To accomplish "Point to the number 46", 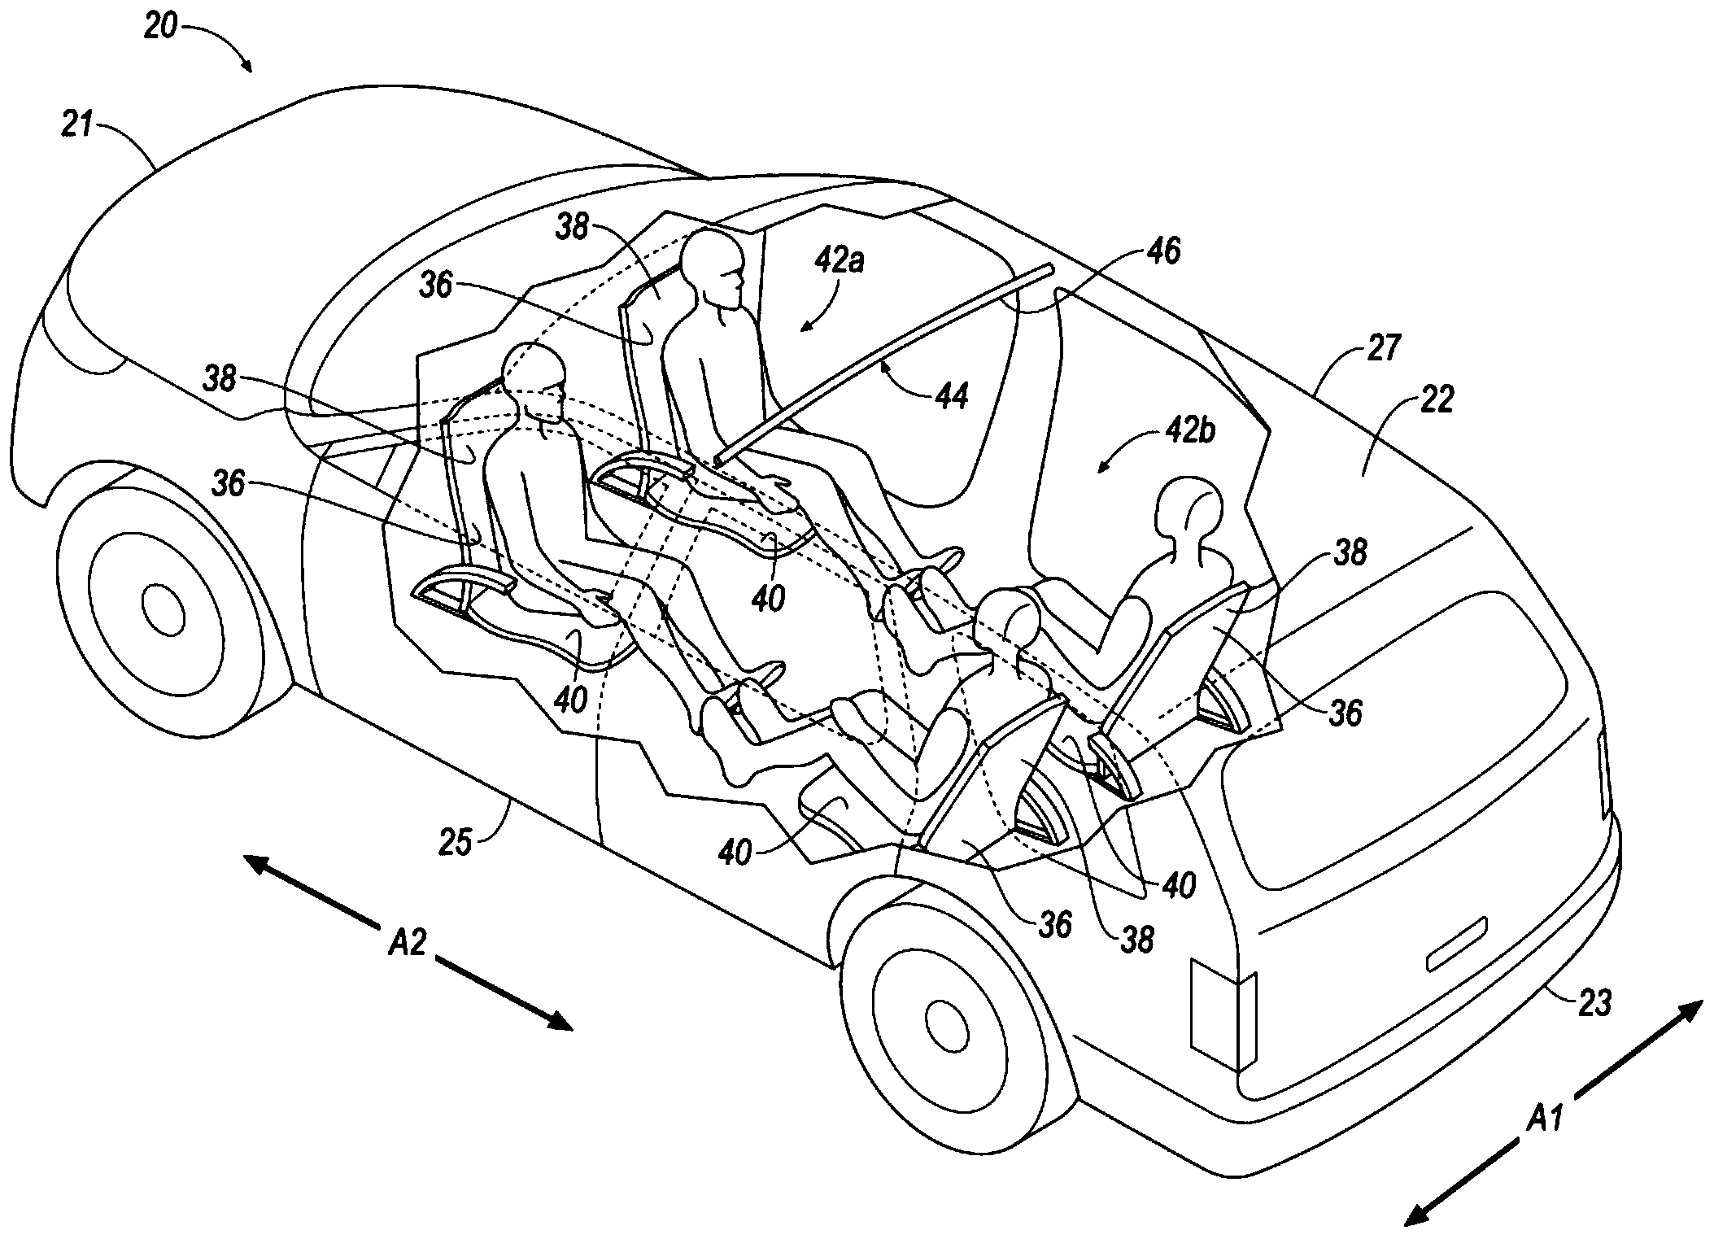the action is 1162,252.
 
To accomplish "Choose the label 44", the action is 952,396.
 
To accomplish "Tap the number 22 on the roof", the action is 1436,400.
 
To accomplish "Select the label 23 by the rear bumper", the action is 1594,1004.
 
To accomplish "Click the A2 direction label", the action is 408,944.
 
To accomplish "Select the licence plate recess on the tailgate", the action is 1457,944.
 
